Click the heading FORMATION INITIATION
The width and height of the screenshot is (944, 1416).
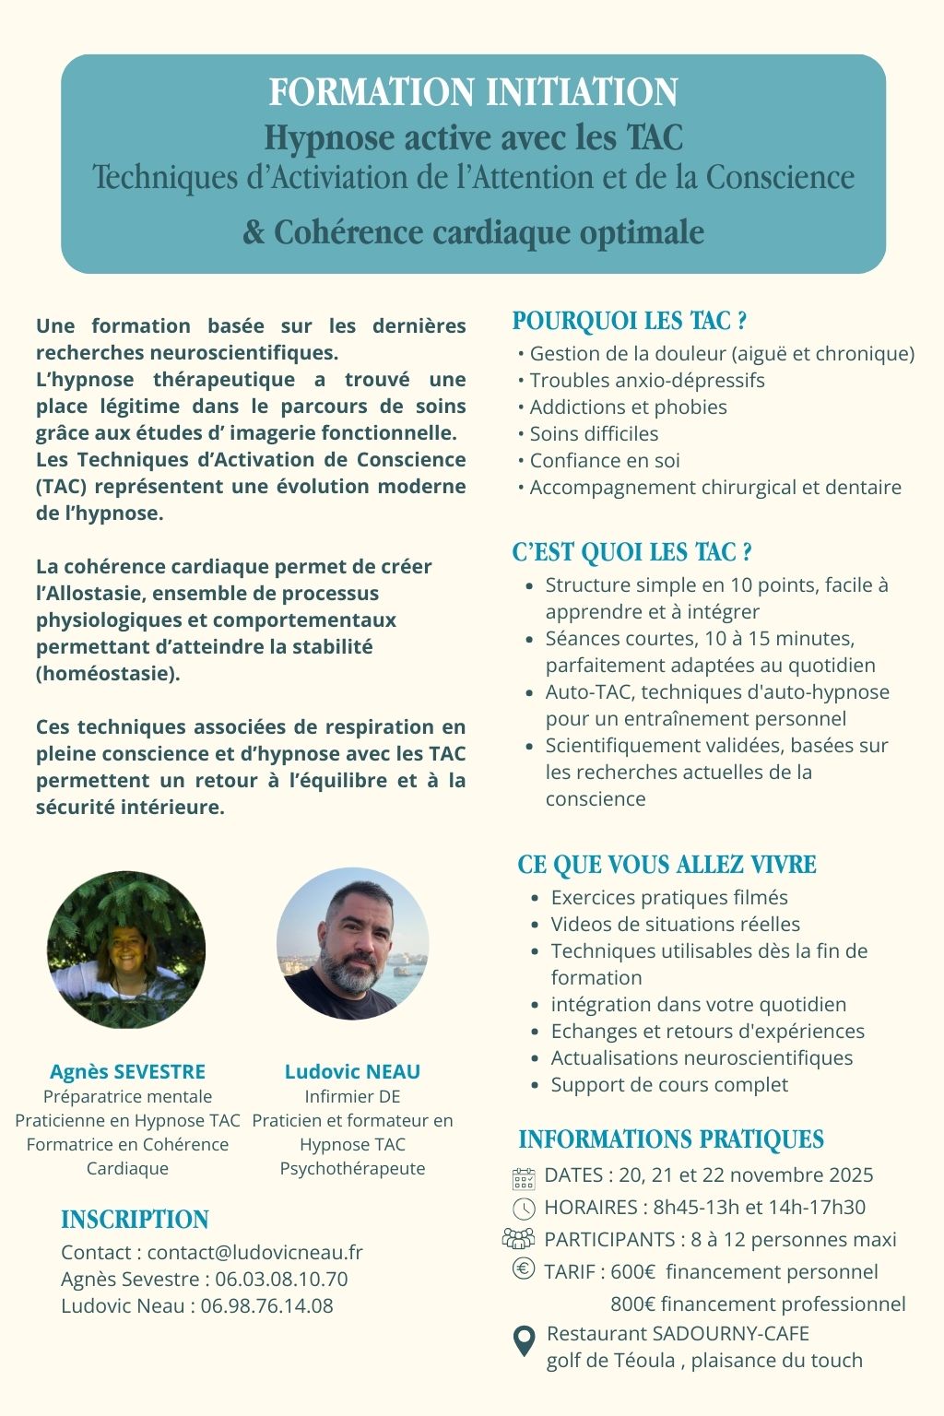tap(473, 92)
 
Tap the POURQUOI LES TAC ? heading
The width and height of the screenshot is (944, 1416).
tap(629, 321)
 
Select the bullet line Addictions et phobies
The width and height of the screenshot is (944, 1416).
tap(628, 407)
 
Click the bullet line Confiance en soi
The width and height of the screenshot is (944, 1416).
tap(605, 461)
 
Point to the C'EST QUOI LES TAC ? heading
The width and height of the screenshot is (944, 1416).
tap(631, 552)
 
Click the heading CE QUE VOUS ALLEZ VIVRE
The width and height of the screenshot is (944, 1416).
tap(667, 865)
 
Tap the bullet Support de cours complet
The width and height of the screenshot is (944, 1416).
tap(669, 1085)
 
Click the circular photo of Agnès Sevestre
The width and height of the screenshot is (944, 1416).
tap(126, 950)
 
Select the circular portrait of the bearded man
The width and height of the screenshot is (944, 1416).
tap(352, 944)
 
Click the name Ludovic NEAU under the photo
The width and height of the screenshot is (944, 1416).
tap(352, 1071)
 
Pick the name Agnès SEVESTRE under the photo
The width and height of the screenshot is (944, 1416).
tap(127, 1071)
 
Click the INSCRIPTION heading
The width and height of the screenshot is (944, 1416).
tap(135, 1220)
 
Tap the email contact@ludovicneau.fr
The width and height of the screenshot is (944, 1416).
tap(254, 1253)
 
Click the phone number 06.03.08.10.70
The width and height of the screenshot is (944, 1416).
tap(281, 1280)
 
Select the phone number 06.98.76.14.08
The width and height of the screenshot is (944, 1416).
tap(266, 1306)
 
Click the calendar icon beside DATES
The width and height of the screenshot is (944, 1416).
tap(523, 1177)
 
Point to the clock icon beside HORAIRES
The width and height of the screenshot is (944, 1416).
tap(523, 1209)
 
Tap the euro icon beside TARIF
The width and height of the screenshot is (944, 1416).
tap(523, 1269)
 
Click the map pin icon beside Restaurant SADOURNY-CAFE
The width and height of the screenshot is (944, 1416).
tap(524, 1341)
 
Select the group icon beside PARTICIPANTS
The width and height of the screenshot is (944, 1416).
tap(519, 1239)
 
